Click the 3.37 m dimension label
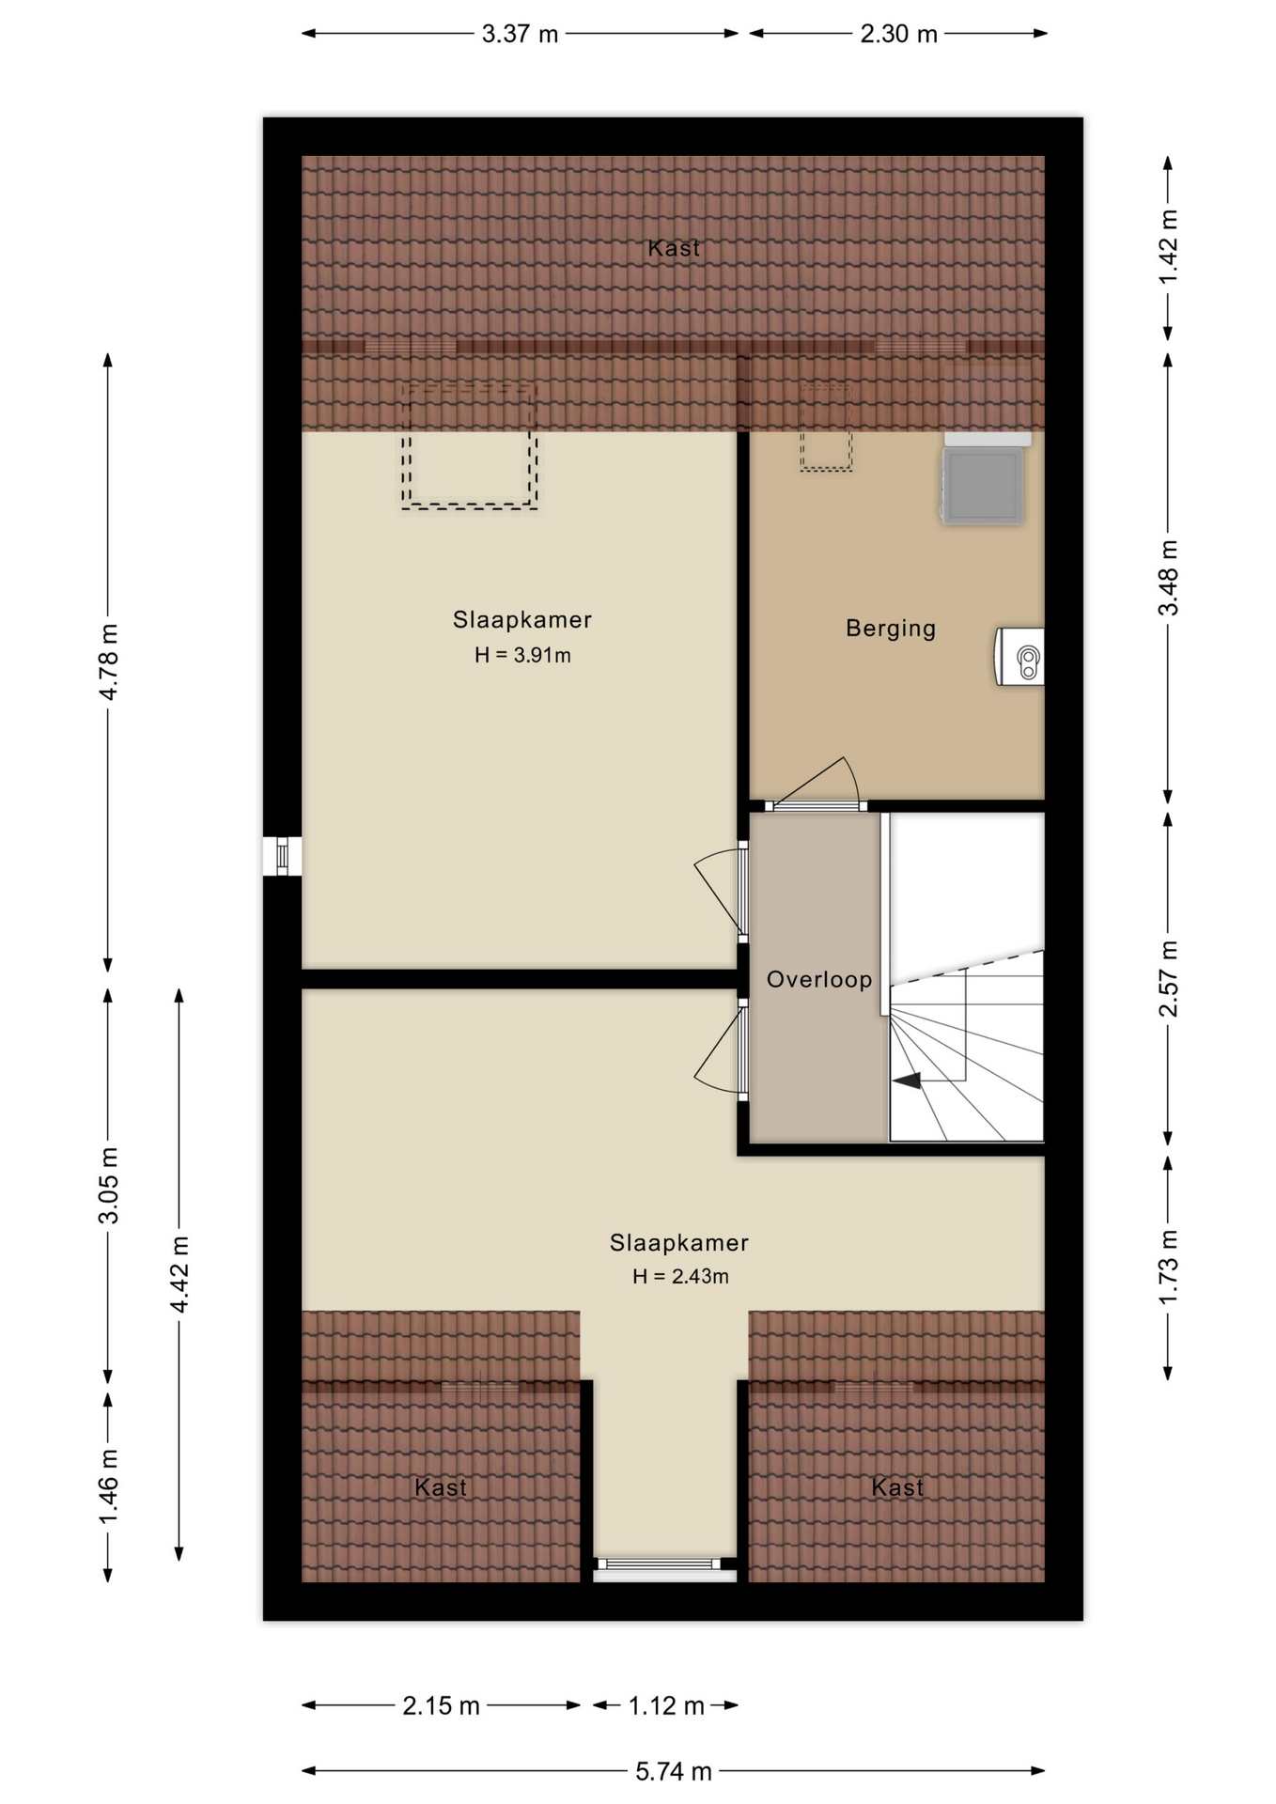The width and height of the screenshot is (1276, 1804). [520, 35]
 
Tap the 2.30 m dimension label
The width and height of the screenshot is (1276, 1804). [898, 35]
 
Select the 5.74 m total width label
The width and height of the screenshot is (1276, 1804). [673, 1771]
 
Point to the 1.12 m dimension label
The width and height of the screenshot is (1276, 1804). [666, 1705]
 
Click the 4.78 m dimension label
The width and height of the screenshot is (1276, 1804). [109, 661]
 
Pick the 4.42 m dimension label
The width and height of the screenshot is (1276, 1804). [179, 1275]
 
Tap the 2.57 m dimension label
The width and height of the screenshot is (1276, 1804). [1168, 978]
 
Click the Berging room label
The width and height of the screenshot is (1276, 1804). [891, 629]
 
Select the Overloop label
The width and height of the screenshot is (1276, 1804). [819, 979]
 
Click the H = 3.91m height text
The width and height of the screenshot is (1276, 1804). [522, 655]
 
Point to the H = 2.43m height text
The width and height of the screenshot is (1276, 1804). [680, 1276]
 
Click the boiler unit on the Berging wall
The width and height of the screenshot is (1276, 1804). [1019, 657]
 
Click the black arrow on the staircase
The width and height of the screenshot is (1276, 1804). [908, 1081]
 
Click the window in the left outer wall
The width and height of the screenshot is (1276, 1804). [282, 856]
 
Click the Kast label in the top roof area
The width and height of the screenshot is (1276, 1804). [674, 248]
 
